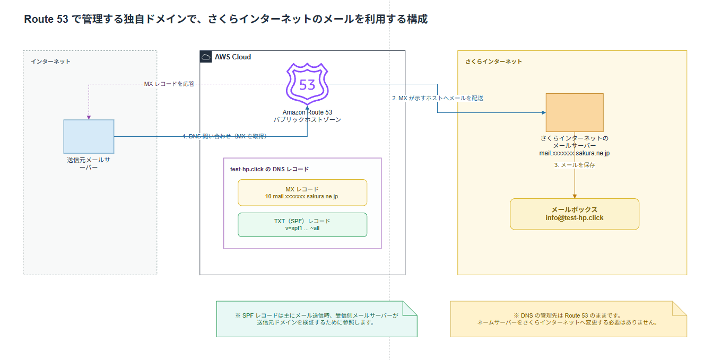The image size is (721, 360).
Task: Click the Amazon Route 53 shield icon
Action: tap(307, 84)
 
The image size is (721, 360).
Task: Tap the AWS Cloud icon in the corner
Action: tap(206, 57)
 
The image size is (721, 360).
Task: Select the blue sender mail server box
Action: tap(89, 136)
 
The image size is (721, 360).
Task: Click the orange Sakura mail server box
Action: tap(575, 112)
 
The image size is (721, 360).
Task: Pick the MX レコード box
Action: tap(302, 192)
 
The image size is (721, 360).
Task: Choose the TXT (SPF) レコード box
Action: tap(302, 225)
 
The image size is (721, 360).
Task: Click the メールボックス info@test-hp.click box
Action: tap(575, 214)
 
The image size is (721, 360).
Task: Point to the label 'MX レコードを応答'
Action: tap(169, 84)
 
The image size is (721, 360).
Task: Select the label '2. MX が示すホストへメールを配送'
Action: tap(438, 98)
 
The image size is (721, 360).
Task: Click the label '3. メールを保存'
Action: tap(575, 165)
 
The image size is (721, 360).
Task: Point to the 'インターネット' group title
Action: tap(50, 62)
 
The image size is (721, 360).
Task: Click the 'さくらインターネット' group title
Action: tap(493, 62)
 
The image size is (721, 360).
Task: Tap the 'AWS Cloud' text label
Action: tap(233, 57)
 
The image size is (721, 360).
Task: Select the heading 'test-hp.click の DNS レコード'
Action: tap(270, 169)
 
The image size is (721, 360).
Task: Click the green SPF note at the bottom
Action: tap(317, 319)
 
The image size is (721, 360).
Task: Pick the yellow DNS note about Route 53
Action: tap(568, 319)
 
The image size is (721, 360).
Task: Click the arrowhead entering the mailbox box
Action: tap(575, 196)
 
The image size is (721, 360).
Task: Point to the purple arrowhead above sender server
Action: tap(89, 118)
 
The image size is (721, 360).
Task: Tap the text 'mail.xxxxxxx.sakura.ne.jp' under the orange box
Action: tap(575, 153)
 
